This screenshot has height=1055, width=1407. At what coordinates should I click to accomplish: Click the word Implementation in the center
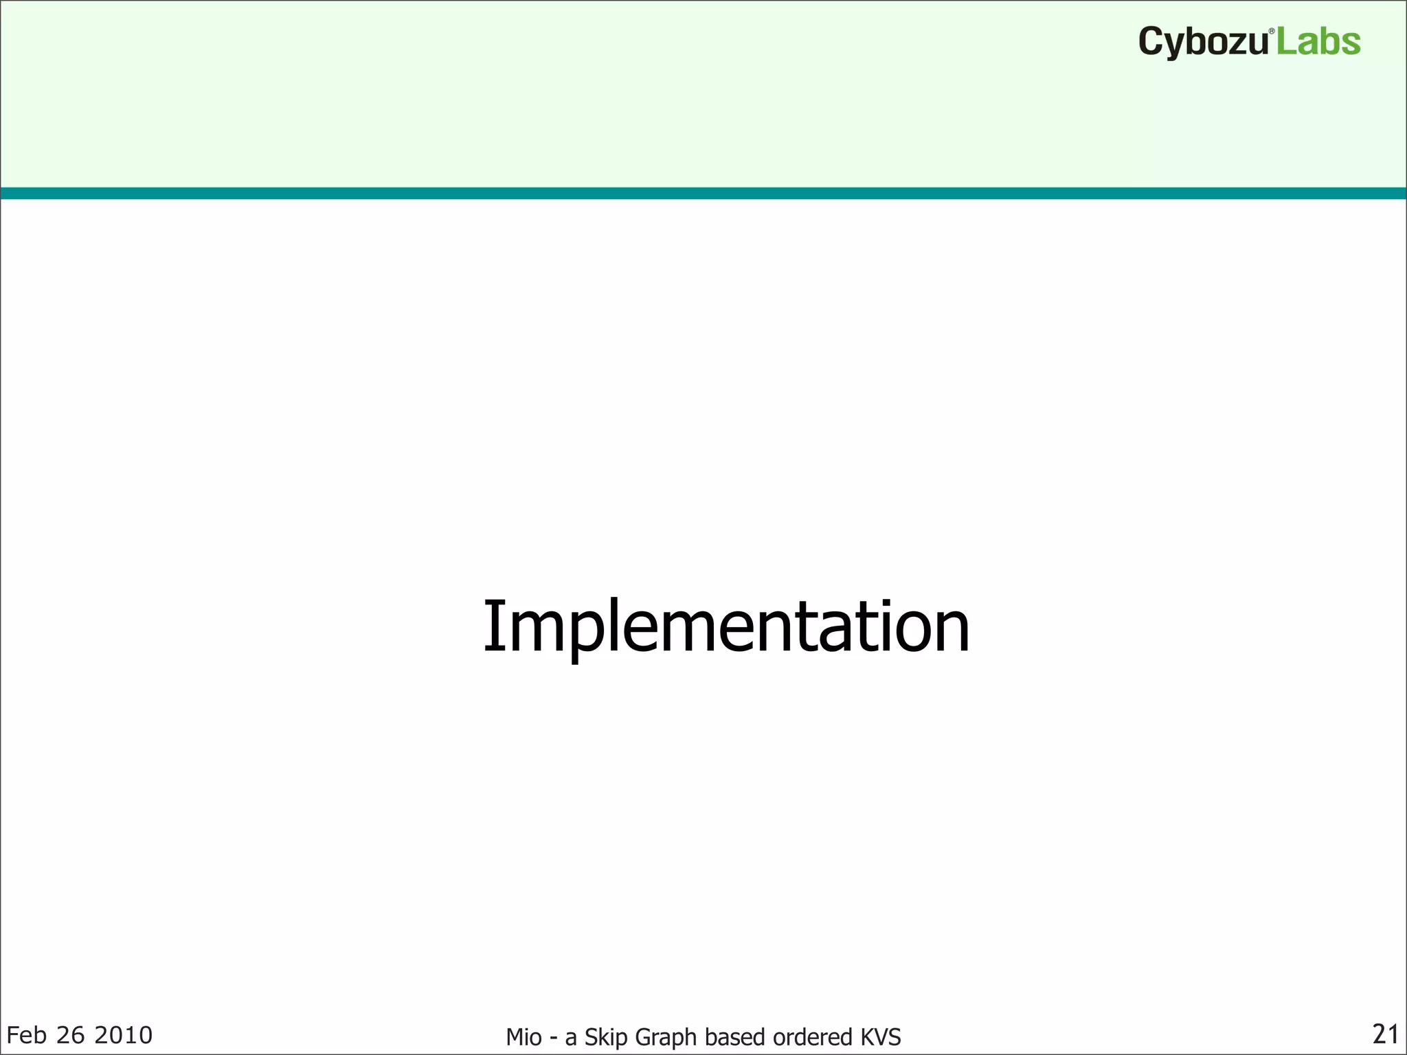pyautogui.click(x=726, y=626)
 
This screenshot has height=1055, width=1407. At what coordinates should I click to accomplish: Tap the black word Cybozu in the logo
pyautogui.click(x=1202, y=43)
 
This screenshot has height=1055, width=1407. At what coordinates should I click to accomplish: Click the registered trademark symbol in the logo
pyautogui.click(x=1271, y=32)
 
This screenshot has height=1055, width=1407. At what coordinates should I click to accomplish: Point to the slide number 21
pyautogui.click(x=1385, y=1034)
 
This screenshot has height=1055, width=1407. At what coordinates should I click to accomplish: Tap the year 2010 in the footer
pyautogui.click(x=123, y=1035)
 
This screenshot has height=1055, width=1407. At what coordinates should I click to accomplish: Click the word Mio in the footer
pyautogui.click(x=524, y=1037)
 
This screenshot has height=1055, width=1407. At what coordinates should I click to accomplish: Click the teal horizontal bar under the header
pyautogui.click(x=703, y=193)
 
